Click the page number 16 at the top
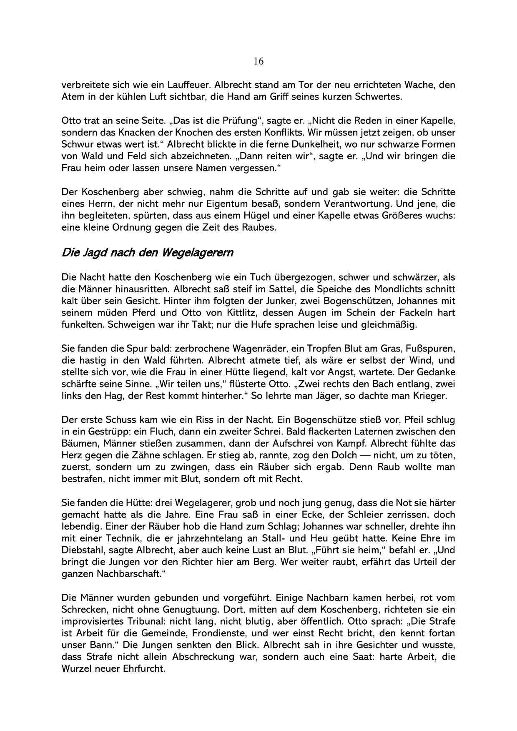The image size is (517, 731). [258, 61]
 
